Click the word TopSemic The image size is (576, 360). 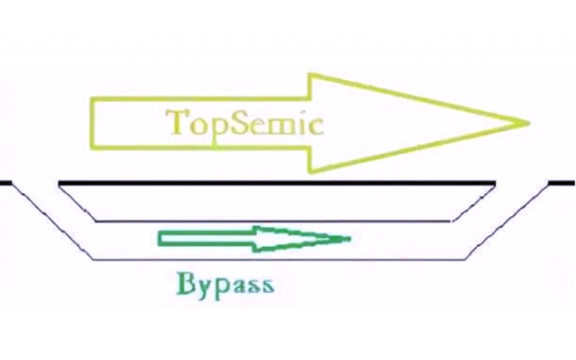pyautogui.click(x=242, y=123)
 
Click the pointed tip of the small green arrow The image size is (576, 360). pyautogui.click(x=350, y=238)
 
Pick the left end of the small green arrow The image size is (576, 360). pyautogui.click(x=160, y=238)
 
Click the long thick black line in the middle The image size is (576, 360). pyautogui.click(x=277, y=182)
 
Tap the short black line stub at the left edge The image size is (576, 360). pyautogui.click(x=6, y=182)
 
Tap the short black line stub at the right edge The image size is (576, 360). pyautogui.click(x=562, y=182)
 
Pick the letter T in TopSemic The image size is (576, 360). pyautogui.click(x=175, y=122)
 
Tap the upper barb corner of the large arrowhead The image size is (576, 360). pyautogui.click(x=310, y=75)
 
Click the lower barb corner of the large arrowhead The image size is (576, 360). pyautogui.click(x=310, y=171)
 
